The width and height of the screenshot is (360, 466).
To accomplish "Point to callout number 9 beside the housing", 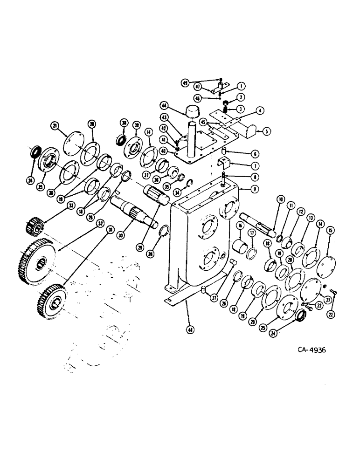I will coord(254,190).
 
